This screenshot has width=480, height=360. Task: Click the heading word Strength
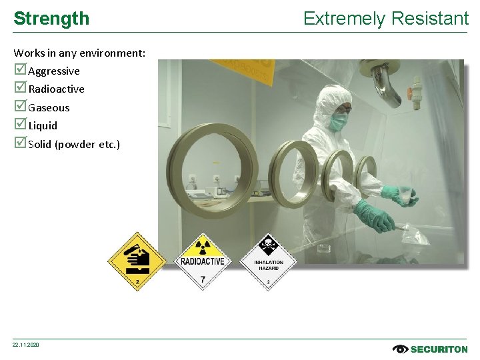click(51, 19)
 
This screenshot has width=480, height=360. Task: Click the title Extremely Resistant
click(386, 19)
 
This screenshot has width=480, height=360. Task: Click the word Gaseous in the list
click(49, 107)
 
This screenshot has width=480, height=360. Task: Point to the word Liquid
click(43, 125)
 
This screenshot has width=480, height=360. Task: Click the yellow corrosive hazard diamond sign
click(137, 261)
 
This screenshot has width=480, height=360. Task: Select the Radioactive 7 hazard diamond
click(203, 261)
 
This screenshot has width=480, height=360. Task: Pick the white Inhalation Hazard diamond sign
click(268, 261)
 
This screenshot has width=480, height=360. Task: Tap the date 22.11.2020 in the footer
click(26, 345)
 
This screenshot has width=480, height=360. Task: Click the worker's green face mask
click(339, 121)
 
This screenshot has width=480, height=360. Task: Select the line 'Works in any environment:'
click(79, 53)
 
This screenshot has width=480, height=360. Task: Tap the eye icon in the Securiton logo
click(400, 349)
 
